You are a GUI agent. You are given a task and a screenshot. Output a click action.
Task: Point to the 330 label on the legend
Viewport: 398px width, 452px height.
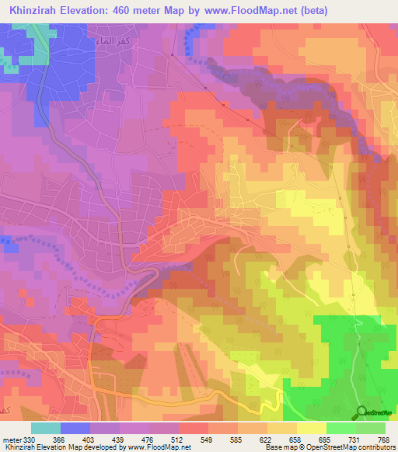pyautogui.click(x=28, y=440)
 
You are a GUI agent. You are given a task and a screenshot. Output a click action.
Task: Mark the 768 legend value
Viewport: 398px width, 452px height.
pyautogui.click(x=383, y=440)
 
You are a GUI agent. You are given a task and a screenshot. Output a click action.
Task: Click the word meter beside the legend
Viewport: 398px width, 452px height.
pyautogui.click(x=11, y=440)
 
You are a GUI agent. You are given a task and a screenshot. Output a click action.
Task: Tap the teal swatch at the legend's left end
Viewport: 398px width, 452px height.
pyautogui.click(x=46, y=428)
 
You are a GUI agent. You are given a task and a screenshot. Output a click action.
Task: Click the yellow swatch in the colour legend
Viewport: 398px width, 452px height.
pyautogui.click(x=312, y=428)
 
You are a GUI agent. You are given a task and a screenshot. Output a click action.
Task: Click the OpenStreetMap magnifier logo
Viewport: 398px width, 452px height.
pyautogui.click(x=362, y=412)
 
